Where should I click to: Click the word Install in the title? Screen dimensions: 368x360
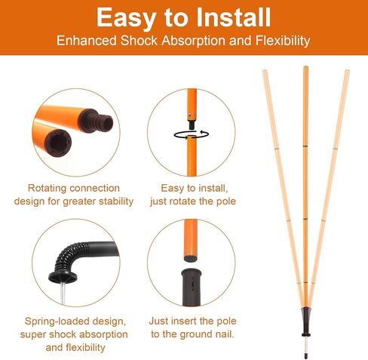[234, 17]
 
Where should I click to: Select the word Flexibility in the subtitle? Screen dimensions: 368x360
[283, 41]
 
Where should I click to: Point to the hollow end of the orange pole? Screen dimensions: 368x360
[58, 143]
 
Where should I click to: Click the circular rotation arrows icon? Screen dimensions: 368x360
[192, 134]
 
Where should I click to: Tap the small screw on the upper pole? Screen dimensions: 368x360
[189, 115]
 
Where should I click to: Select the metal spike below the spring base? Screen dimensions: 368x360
[63, 293]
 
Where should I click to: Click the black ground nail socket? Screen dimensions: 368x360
[192, 287]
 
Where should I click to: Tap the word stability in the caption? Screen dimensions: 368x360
[116, 202]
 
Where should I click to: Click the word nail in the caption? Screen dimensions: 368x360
[225, 334]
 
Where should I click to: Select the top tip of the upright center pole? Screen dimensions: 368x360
[305, 66]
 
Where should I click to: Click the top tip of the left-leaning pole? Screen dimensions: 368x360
[265, 70]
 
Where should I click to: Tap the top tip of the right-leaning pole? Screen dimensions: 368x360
[347, 71]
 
